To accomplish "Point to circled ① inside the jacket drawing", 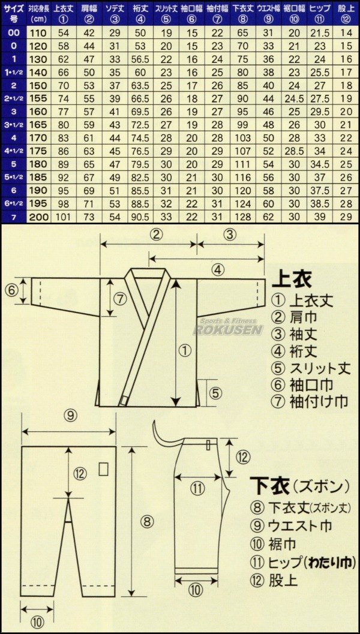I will [x=185, y=348].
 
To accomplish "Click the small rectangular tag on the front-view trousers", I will [x=103, y=468].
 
